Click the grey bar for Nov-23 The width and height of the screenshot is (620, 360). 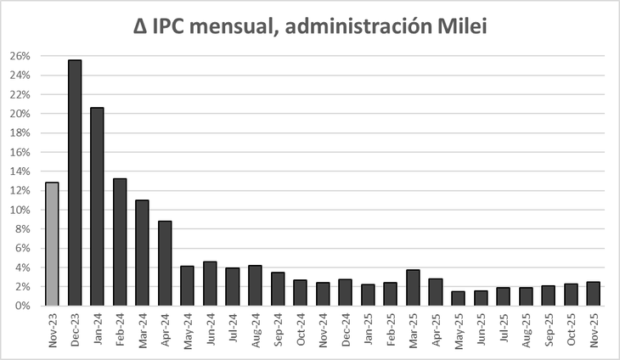click(53, 244)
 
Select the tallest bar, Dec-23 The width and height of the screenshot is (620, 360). click(75, 183)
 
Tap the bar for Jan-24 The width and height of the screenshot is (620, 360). click(98, 206)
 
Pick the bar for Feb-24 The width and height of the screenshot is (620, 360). click(120, 242)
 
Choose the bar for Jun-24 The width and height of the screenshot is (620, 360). click(210, 284)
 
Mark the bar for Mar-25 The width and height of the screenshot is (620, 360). click(413, 288)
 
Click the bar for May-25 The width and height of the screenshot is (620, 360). click(458, 298)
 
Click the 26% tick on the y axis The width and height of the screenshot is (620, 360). click(20, 56)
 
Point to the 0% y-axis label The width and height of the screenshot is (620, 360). click(23, 307)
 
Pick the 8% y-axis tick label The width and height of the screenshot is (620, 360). click(23, 229)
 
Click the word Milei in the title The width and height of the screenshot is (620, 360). click(459, 27)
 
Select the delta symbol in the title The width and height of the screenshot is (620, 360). click(141, 27)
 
